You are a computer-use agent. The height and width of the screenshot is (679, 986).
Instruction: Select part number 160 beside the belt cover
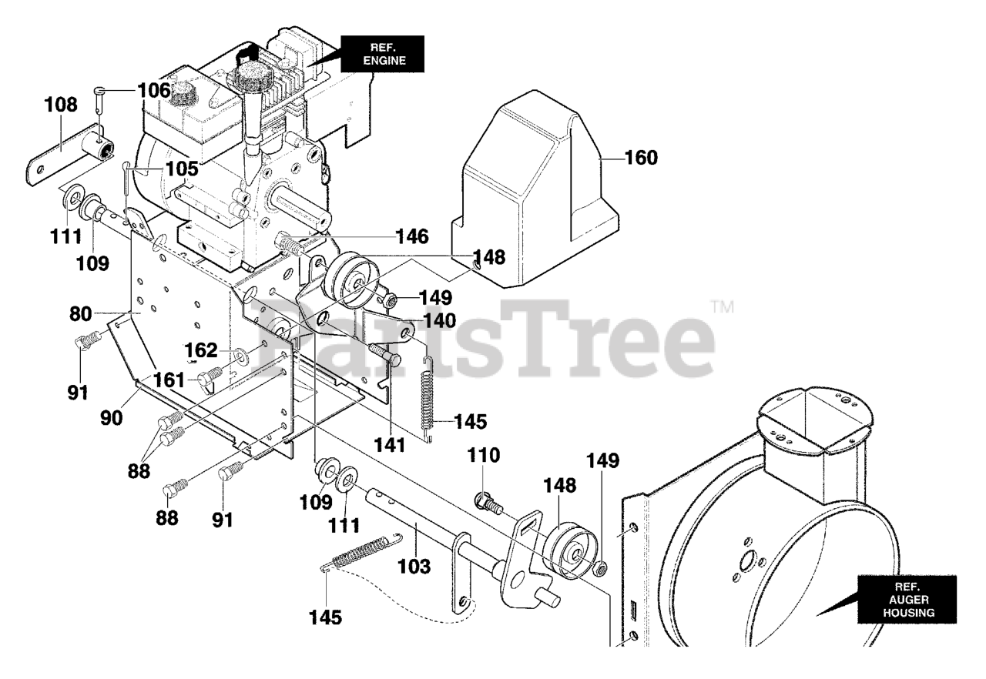641,159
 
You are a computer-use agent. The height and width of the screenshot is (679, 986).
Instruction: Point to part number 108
61,105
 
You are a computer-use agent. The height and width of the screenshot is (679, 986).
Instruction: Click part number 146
412,236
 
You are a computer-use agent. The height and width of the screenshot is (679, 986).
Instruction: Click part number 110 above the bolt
484,455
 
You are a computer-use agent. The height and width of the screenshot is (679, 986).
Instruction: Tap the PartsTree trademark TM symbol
721,307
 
